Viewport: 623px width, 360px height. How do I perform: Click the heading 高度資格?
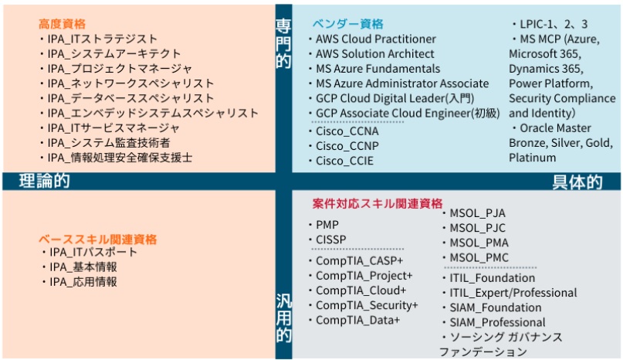point(63,24)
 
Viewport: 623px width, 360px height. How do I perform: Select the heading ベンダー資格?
point(347,24)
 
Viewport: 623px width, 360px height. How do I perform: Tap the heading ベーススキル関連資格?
point(97,239)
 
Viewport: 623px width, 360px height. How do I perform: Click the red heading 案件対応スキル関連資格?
point(378,204)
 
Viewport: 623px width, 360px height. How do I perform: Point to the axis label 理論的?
point(44,182)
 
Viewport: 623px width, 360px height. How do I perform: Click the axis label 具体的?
point(577,182)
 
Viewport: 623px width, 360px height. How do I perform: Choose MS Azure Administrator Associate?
point(401,83)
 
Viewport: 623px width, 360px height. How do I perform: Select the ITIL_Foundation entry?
point(491,278)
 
